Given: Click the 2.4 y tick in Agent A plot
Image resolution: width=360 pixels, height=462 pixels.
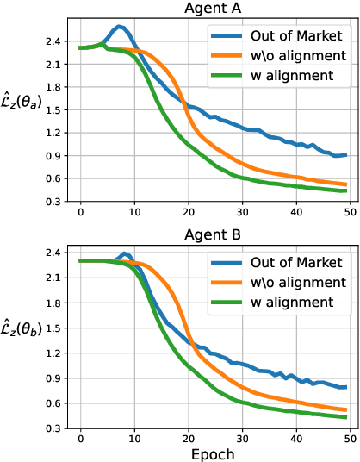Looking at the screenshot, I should click(52, 41).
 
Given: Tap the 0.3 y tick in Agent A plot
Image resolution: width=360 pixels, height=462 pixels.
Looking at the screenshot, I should click(52, 201).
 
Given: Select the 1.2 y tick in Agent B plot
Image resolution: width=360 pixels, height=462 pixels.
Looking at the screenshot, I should click(52, 353).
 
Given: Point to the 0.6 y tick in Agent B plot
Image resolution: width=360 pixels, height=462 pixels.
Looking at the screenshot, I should click(52, 403).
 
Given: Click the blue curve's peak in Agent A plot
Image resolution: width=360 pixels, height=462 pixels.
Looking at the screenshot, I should click(120, 27).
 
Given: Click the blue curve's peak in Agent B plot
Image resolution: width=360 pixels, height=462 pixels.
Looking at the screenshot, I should click(125, 253).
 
